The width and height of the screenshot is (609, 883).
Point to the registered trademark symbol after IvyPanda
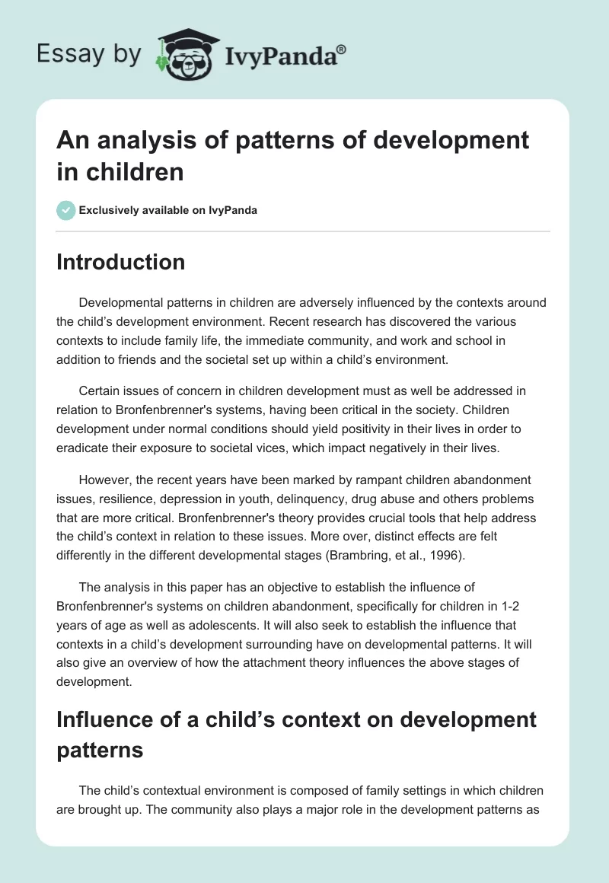pyautogui.click(x=342, y=49)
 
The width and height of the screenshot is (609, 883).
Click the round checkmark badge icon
pyautogui.click(x=66, y=210)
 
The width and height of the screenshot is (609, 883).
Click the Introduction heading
pyautogui.click(x=120, y=262)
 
